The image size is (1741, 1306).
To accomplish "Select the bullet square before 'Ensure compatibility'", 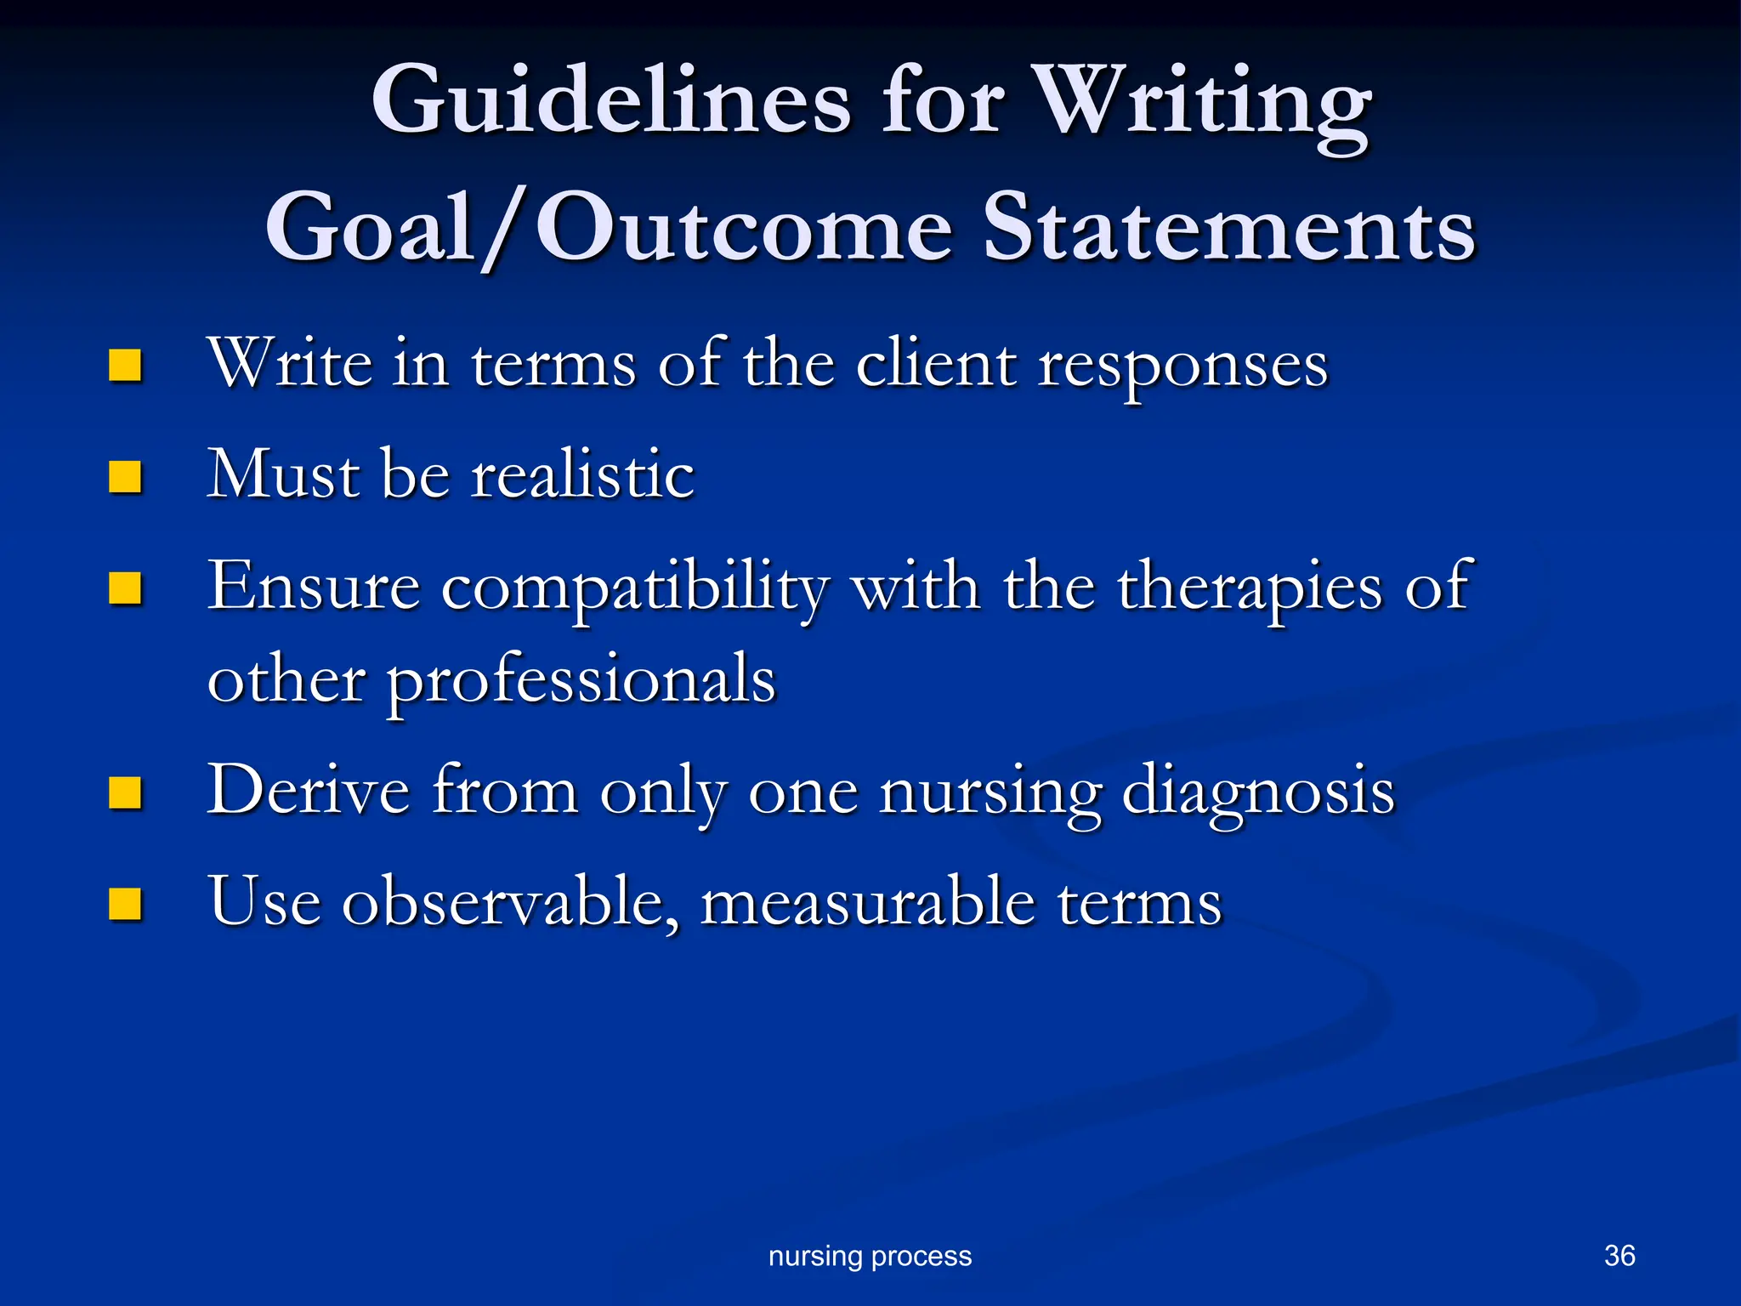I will pos(125,588).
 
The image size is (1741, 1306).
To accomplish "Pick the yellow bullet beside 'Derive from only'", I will pos(125,792).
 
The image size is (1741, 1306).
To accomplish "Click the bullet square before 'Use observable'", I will pos(125,904).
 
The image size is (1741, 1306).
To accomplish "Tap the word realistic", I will pos(583,474).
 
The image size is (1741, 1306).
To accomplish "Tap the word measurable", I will pos(868,901).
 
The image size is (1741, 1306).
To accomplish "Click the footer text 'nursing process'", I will pos(870,1256).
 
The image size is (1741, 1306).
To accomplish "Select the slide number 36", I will pos(1619,1255).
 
